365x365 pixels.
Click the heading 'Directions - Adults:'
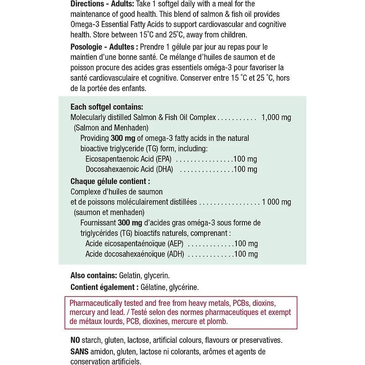[102, 4]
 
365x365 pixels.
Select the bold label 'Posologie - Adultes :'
[104, 47]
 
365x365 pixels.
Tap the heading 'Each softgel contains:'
[106, 107]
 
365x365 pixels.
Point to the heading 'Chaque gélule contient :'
[110, 181]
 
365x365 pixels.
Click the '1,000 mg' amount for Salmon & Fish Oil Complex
[276, 118]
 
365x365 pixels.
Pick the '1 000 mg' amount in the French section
[276, 202]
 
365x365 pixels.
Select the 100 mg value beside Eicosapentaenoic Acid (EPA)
[245, 159]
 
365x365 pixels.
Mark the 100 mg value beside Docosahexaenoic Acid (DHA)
[245, 170]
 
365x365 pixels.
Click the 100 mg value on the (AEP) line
[245, 244]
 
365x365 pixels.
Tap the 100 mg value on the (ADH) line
[245, 254]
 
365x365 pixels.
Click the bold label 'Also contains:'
[94, 276]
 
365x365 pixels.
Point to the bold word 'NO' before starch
[75, 340]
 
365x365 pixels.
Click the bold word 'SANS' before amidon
[80, 351]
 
